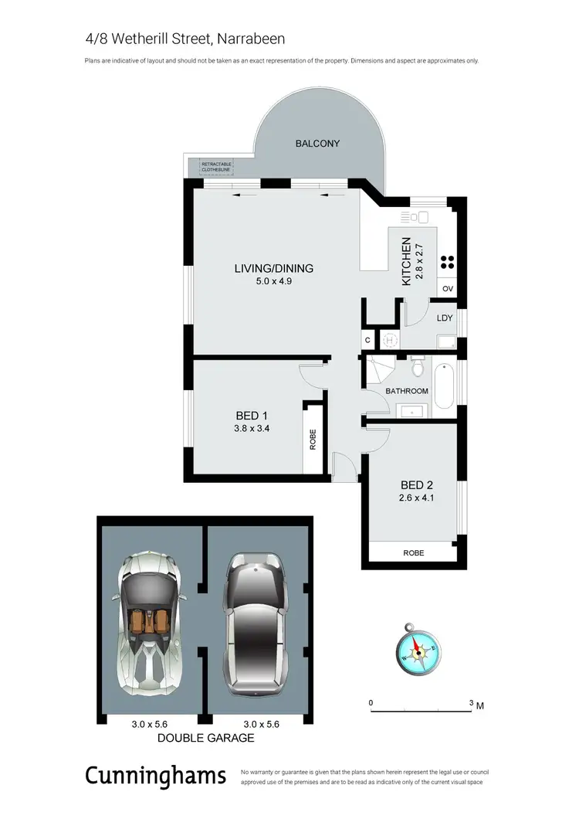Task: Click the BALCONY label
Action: pyautogui.click(x=317, y=144)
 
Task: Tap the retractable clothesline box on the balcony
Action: pyautogui.click(x=216, y=167)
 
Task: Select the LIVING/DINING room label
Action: pyautogui.click(x=274, y=269)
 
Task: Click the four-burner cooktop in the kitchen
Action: pyautogui.click(x=447, y=261)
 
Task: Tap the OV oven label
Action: pyautogui.click(x=447, y=290)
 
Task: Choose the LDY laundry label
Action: pyautogui.click(x=444, y=318)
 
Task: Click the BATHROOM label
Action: pyautogui.click(x=407, y=391)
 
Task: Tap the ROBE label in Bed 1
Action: pyautogui.click(x=313, y=439)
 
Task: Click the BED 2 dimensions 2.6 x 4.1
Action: pyautogui.click(x=416, y=499)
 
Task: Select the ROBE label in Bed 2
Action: pyautogui.click(x=414, y=553)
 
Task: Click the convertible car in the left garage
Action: pyautogui.click(x=149, y=619)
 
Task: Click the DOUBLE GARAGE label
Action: pyautogui.click(x=205, y=738)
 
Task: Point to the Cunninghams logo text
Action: pyautogui.click(x=155, y=775)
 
